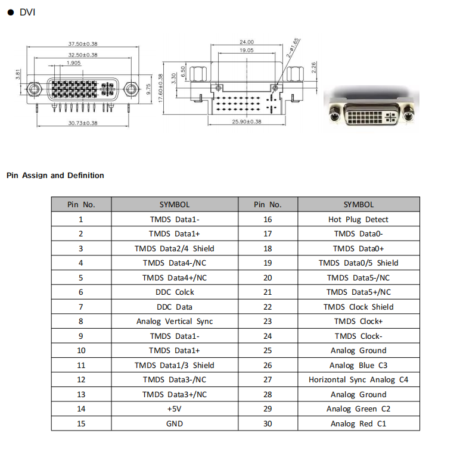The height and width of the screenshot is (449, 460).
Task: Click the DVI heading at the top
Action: (x=27, y=12)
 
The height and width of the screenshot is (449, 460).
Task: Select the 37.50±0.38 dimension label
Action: (x=83, y=45)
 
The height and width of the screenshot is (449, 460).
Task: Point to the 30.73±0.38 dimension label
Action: (x=83, y=123)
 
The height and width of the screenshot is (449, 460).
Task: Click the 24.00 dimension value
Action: (x=247, y=42)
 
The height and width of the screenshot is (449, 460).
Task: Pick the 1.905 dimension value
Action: (x=74, y=63)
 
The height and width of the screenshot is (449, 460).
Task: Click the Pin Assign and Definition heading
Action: (x=55, y=176)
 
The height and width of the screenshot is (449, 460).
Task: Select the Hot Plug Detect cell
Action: (x=358, y=219)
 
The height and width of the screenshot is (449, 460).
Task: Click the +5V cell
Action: (x=175, y=409)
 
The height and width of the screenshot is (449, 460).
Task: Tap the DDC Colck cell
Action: (x=175, y=292)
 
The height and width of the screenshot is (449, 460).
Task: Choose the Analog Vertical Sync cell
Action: (x=175, y=321)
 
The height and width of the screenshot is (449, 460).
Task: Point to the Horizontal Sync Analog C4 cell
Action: (x=358, y=379)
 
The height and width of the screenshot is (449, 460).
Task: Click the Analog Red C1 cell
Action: (x=358, y=423)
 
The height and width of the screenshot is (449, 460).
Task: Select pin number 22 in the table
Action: (x=268, y=307)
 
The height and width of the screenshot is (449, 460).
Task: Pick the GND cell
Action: (x=175, y=423)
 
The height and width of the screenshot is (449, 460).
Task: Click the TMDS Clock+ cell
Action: (x=358, y=321)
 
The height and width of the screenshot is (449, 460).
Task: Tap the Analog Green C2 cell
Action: (x=358, y=409)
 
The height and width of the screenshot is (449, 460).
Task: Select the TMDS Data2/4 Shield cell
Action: (x=175, y=248)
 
